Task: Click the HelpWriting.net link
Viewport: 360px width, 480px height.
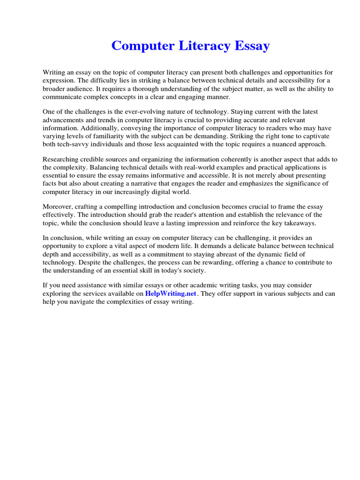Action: [x=171, y=293]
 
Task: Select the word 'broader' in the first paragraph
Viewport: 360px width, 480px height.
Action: [x=53, y=89]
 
